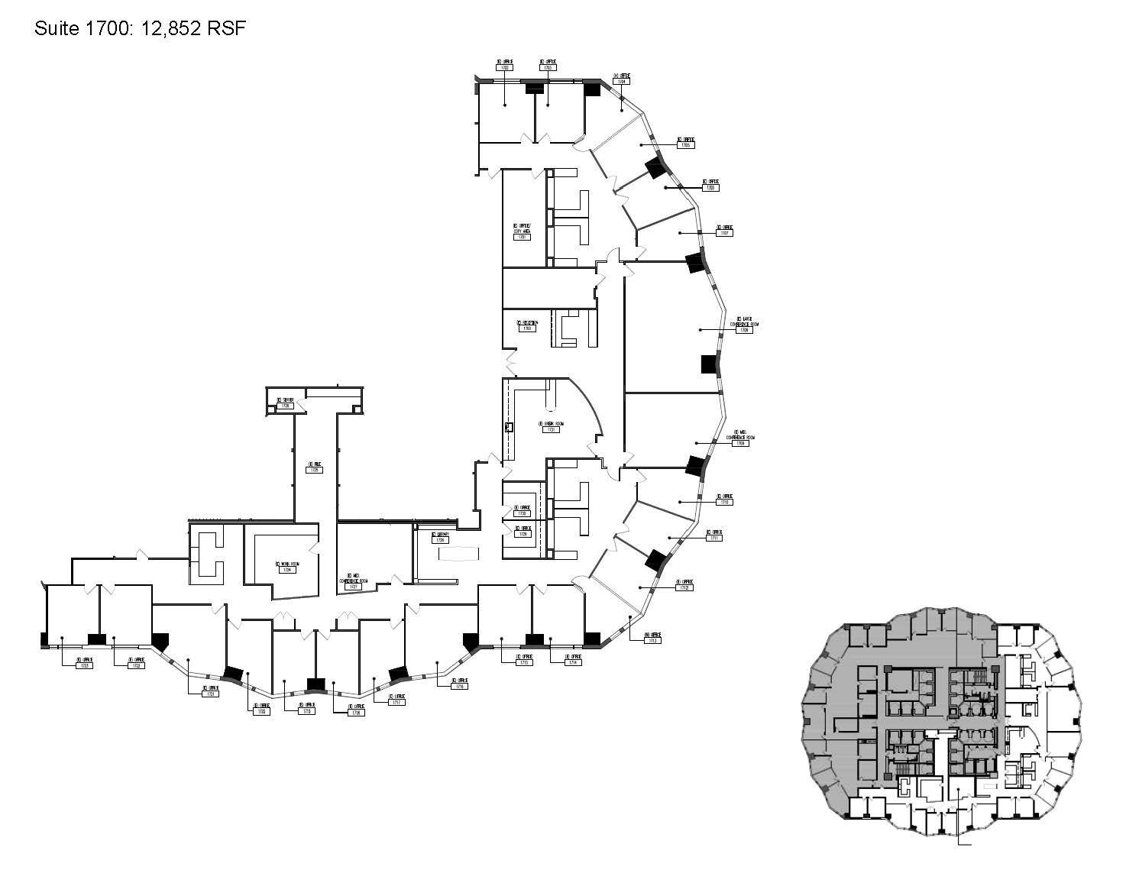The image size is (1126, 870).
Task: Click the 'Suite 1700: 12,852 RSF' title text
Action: pos(141,29)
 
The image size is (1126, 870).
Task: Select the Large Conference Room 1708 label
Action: pos(746,326)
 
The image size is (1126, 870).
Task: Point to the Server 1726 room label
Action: pos(285,403)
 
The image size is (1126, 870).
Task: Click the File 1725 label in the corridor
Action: pos(313,467)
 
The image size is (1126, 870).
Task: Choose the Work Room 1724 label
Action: pos(287,567)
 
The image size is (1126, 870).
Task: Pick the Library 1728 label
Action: pos(439,537)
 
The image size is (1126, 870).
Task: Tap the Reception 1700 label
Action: pos(527,325)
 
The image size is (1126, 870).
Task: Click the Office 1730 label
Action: pos(523,510)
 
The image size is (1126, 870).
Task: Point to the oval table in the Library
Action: pos(456,553)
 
